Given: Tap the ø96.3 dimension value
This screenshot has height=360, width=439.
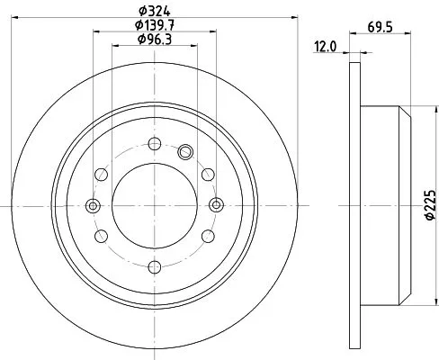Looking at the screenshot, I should coord(154,39).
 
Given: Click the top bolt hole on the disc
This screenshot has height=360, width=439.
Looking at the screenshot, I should coord(155,142).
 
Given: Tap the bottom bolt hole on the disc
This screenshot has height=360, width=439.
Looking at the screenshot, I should coord(155,265).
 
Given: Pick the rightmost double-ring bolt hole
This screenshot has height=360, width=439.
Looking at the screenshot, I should coord(216,205).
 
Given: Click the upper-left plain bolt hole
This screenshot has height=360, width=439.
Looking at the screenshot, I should coord(102,174).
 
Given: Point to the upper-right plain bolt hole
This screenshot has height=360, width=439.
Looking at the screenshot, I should coord(208,174).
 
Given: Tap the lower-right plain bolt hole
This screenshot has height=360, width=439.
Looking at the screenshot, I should coord(208,236).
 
